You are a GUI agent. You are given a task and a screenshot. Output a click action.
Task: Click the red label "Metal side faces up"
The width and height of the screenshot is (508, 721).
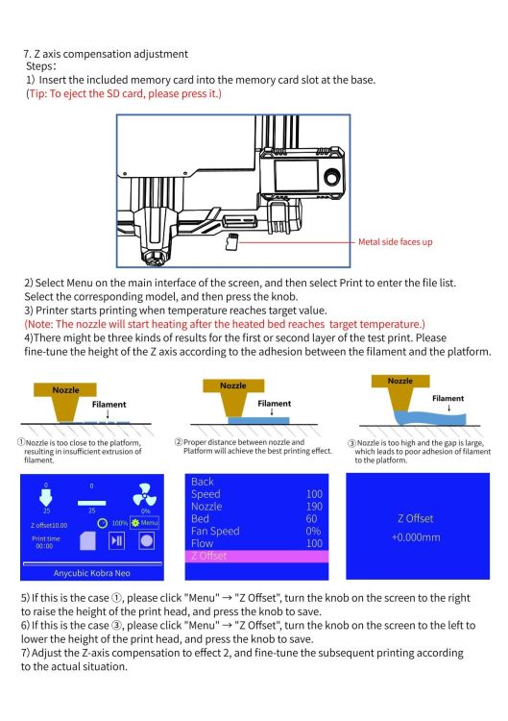[x=395, y=242]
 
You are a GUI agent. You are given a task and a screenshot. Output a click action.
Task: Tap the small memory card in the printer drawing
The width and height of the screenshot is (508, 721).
[x=232, y=242]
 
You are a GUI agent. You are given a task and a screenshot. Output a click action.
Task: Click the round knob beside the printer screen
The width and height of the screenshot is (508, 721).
[x=331, y=178]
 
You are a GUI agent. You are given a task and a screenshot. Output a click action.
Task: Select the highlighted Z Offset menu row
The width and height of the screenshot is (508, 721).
[x=256, y=556]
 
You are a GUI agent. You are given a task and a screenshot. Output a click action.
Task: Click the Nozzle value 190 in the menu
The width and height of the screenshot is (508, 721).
[x=314, y=507]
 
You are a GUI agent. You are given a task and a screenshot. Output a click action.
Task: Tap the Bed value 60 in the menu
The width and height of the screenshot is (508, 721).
[x=311, y=519]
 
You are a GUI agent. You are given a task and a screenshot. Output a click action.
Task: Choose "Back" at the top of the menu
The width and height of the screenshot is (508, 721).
[x=202, y=482]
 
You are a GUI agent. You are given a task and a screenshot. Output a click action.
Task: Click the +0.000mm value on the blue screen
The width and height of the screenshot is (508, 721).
[x=416, y=537]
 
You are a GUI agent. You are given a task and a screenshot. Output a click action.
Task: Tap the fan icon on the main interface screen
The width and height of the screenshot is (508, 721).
[x=144, y=495]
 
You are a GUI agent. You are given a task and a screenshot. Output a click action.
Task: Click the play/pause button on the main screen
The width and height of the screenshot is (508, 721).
[x=116, y=540]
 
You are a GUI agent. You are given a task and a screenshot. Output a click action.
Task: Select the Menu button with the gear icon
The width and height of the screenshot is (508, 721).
[x=144, y=523]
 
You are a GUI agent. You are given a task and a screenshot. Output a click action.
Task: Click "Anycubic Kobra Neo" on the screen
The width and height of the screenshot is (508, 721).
[x=92, y=573]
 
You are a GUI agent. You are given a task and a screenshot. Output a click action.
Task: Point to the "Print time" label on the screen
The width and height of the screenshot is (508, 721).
[x=45, y=538]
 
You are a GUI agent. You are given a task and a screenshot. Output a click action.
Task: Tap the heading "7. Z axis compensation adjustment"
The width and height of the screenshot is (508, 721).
[x=106, y=54]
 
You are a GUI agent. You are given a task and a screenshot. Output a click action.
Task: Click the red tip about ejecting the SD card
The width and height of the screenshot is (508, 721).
[x=124, y=93]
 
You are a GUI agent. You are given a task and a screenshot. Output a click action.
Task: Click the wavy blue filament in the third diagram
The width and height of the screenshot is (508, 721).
[x=430, y=416]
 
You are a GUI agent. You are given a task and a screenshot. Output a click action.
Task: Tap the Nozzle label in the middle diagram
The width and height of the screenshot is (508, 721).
[x=232, y=385]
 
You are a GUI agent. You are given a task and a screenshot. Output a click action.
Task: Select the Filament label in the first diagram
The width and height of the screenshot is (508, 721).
[x=109, y=404]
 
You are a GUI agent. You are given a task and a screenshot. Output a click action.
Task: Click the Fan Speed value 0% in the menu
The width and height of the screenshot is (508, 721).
[x=313, y=531]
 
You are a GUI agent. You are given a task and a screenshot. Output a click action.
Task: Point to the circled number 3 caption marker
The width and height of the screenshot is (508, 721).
[x=351, y=443]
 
